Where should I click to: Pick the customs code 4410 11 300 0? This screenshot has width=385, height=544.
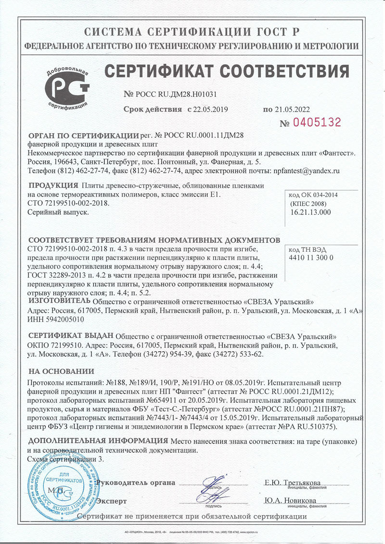(x=311, y=258)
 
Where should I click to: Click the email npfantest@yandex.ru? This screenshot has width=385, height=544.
(x=307, y=170)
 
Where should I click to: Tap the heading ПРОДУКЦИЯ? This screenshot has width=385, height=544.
(x=53, y=185)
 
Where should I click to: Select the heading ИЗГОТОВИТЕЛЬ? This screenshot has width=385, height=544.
(x=59, y=301)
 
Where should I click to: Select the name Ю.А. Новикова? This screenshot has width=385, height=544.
(x=289, y=500)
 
